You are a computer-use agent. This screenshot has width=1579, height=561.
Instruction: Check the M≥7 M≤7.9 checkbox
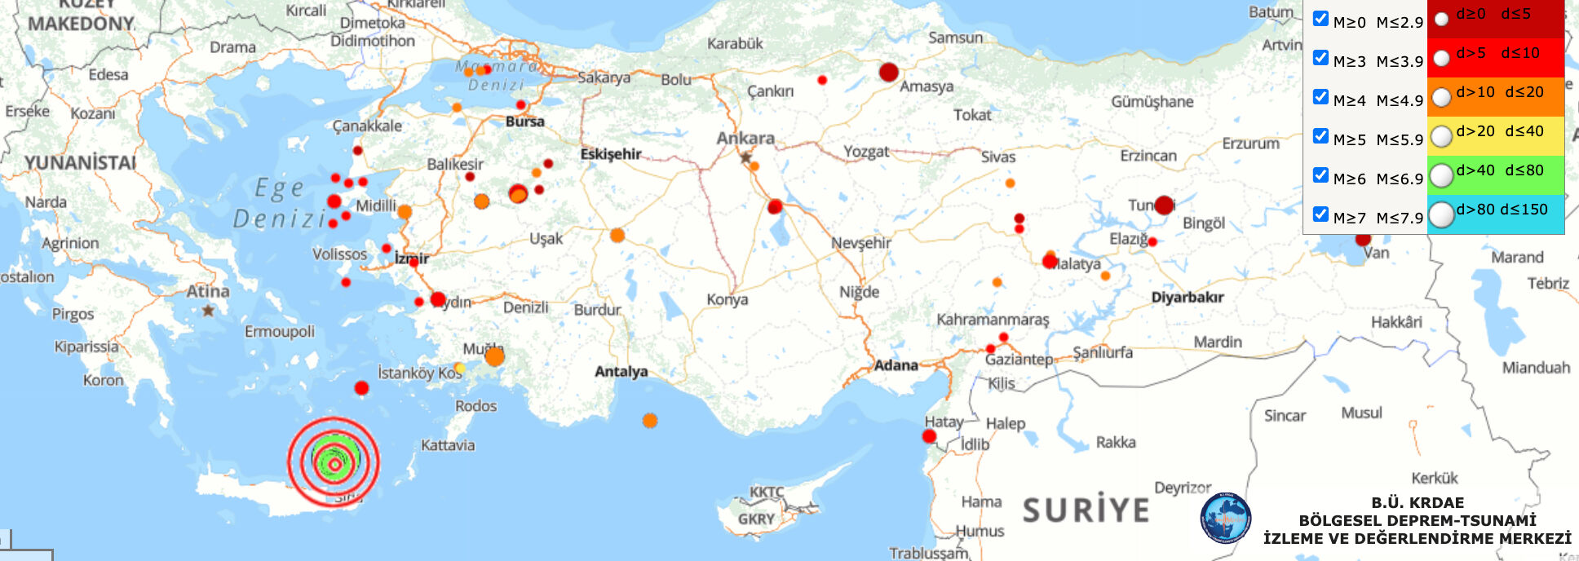pos(1320,214)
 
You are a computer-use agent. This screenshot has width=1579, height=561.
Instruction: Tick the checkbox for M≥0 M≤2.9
pos(1320,19)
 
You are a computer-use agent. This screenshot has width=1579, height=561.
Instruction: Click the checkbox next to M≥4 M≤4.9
pos(1320,97)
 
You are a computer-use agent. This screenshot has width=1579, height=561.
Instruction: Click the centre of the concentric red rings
pos(334,462)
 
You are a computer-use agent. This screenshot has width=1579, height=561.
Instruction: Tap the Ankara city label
pos(745,138)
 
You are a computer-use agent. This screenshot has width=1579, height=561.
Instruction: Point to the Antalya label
pos(621,372)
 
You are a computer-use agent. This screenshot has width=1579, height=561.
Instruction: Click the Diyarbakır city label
pos(1187,298)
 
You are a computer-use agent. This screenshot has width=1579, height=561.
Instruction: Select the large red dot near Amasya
pos(888,72)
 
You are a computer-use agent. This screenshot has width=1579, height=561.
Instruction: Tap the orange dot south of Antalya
pos(650,421)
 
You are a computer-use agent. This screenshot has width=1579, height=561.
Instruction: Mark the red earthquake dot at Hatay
pos(929,436)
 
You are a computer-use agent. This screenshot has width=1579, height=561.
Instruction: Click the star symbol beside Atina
pos(209,310)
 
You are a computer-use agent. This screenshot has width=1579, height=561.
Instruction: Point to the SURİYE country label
pos(1086,510)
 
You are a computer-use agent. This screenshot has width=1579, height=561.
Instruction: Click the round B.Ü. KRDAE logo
pos(1225,518)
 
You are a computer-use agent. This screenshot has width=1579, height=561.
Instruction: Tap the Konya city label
pos(727,299)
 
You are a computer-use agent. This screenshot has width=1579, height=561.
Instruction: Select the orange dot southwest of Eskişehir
pos(617,236)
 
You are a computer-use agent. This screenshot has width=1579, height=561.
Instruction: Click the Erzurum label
pos(1250,144)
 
